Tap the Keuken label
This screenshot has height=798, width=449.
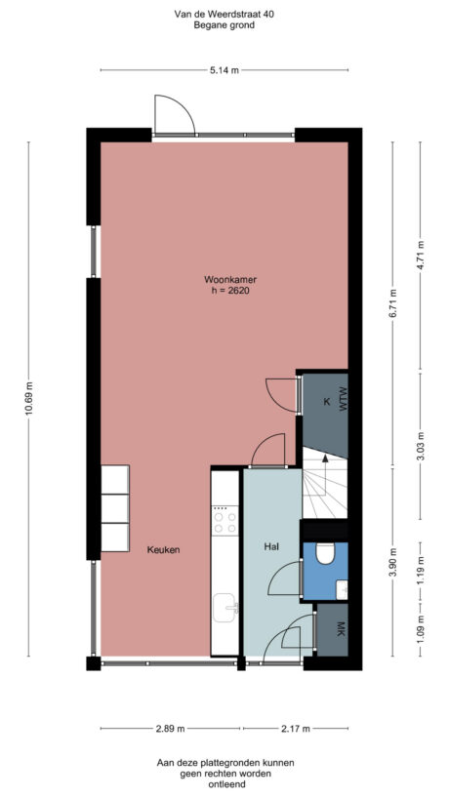[x=163, y=549]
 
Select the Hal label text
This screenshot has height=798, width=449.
[x=272, y=548]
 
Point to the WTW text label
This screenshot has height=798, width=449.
[x=343, y=401]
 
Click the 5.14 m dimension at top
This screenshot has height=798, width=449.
[x=224, y=70]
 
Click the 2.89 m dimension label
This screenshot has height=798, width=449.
[x=172, y=729]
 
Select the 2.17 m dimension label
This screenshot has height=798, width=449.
[x=294, y=729]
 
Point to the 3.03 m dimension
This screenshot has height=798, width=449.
[x=420, y=446]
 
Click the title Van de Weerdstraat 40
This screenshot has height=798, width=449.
[x=224, y=14]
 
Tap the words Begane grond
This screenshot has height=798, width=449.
[x=224, y=26]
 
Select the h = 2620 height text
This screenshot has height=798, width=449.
[x=224, y=291]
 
